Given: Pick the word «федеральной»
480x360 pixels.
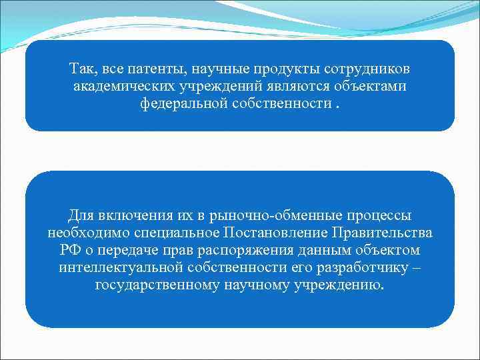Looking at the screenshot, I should coord(180,103).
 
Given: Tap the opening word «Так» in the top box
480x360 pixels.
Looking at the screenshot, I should coord(82,69).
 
